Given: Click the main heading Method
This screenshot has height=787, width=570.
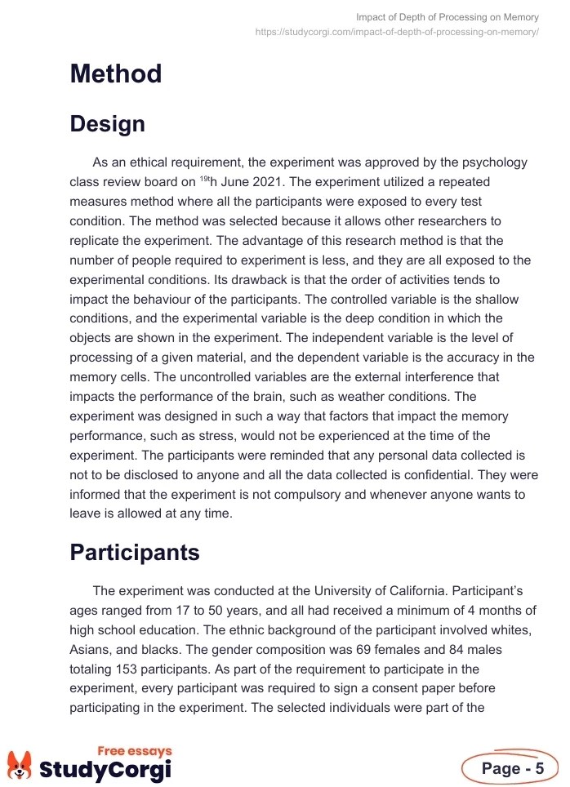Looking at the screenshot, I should (116, 74).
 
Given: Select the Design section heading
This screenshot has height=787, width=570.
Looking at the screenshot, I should (108, 124).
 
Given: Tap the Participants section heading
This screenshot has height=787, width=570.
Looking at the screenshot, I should (135, 553).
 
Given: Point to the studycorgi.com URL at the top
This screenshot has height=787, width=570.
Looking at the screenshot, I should (397, 32).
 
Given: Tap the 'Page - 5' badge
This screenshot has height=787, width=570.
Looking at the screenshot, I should (510, 768).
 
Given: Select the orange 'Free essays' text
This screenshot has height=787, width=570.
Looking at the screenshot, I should (135, 751).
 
